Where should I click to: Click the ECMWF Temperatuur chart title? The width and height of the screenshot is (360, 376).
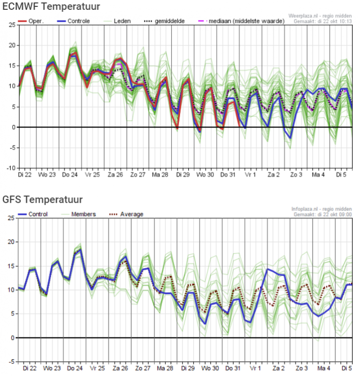(51, 6)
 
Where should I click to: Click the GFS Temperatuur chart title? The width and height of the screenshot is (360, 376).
(42, 199)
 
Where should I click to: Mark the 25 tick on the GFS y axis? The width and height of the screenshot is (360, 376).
(11, 218)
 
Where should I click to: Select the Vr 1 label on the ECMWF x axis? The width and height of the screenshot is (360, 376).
(250, 175)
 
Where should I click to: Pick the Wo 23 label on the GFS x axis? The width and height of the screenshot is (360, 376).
(51, 368)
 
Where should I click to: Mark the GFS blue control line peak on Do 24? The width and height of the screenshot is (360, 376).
(80, 249)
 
